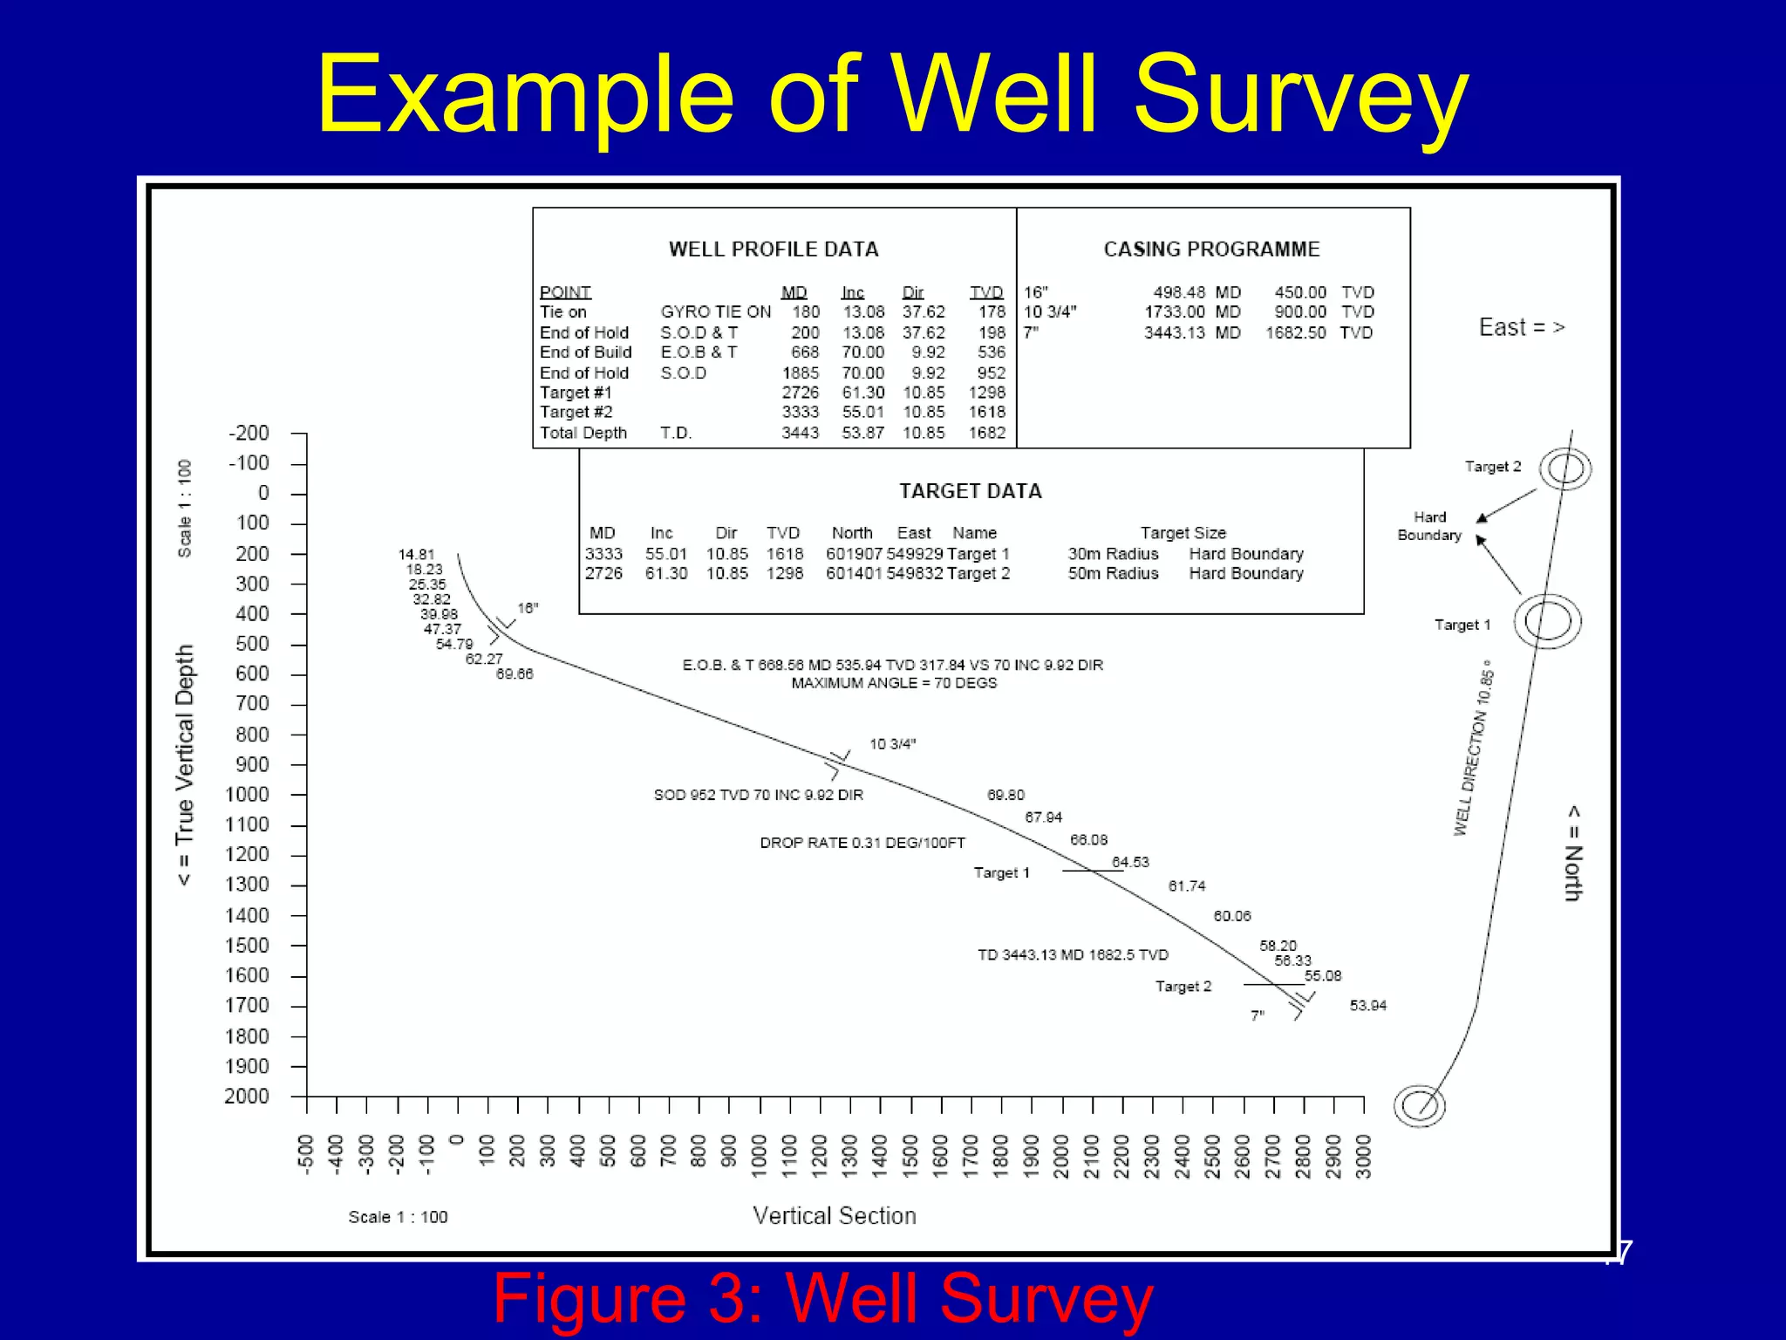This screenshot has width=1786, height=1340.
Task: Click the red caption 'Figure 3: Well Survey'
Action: (x=822, y=1298)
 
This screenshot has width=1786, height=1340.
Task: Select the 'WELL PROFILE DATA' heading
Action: (x=774, y=250)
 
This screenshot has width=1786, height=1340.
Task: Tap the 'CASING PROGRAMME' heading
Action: (x=1211, y=250)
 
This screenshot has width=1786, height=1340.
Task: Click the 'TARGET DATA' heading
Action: (x=971, y=491)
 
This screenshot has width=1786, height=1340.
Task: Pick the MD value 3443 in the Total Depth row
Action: (x=800, y=433)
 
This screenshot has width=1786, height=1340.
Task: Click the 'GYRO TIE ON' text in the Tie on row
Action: (x=715, y=312)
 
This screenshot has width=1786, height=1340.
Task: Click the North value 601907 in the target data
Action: (x=854, y=554)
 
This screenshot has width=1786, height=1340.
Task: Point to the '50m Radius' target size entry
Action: (x=1113, y=574)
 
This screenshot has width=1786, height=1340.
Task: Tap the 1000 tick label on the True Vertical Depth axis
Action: (x=247, y=795)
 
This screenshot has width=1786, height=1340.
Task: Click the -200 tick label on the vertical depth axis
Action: (x=249, y=434)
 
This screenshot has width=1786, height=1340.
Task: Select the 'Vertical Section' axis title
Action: (x=835, y=1216)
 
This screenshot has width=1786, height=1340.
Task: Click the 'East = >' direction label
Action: (x=1522, y=328)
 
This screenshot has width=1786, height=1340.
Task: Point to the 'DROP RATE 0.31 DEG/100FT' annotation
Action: (x=862, y=843)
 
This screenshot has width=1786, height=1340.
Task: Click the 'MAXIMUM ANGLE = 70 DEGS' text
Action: (x=894, y=683)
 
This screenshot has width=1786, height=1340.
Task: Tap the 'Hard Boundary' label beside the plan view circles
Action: (x=1429, y=526)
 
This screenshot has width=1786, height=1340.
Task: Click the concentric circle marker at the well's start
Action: (x=1419, y=1105)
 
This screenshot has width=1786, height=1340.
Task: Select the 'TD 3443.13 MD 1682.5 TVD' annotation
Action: (x=1073, y=955)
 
